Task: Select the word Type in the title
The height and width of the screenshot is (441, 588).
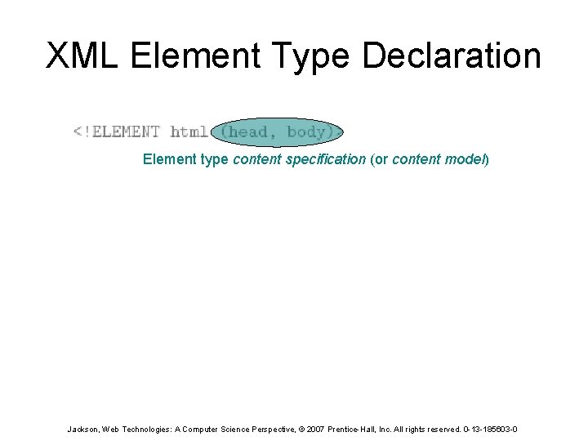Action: pyautogui.click(x=315, y=56)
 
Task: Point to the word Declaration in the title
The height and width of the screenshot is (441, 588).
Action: pyautogui.click(x=452, y=56)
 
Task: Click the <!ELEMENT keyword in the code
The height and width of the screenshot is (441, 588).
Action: pyautogui.click(x=117, y=131)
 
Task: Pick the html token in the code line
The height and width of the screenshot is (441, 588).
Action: pyautogui.click(x=189, y=131)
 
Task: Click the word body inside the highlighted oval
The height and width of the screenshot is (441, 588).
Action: pyautogui.click(x=307, y=131)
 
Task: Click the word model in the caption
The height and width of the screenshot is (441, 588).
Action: pyautogui.click(x=467, y=159)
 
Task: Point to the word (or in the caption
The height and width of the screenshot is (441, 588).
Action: pyautogui.click(x=379, y=159)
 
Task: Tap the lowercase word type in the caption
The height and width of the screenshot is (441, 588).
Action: pyautogui.click(x=213, y=159)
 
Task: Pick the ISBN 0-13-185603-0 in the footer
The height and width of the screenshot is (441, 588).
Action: pyautogui.click(x=489, y=429)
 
